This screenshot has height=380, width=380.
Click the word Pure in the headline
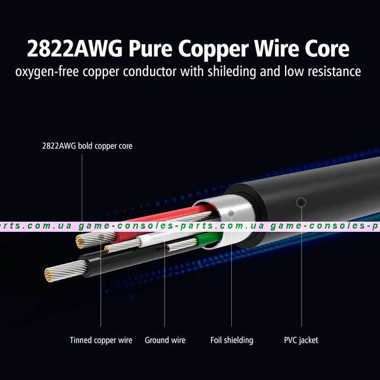150,49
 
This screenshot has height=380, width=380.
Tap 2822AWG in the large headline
75,49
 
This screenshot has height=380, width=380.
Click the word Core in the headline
327,49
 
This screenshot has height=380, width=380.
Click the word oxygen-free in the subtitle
47,72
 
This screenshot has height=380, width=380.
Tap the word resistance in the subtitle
334,72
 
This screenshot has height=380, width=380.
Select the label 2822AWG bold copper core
87,146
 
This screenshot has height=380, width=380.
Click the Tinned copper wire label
101,340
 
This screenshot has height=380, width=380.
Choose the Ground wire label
165,340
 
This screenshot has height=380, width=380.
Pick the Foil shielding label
232,340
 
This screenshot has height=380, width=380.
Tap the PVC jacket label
301,340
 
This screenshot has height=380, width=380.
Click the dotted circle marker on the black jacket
301,202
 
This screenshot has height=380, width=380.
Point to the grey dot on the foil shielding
231,213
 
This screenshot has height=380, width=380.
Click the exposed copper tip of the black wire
49,275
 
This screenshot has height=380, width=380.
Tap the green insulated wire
209,239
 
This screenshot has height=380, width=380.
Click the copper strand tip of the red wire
79,242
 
